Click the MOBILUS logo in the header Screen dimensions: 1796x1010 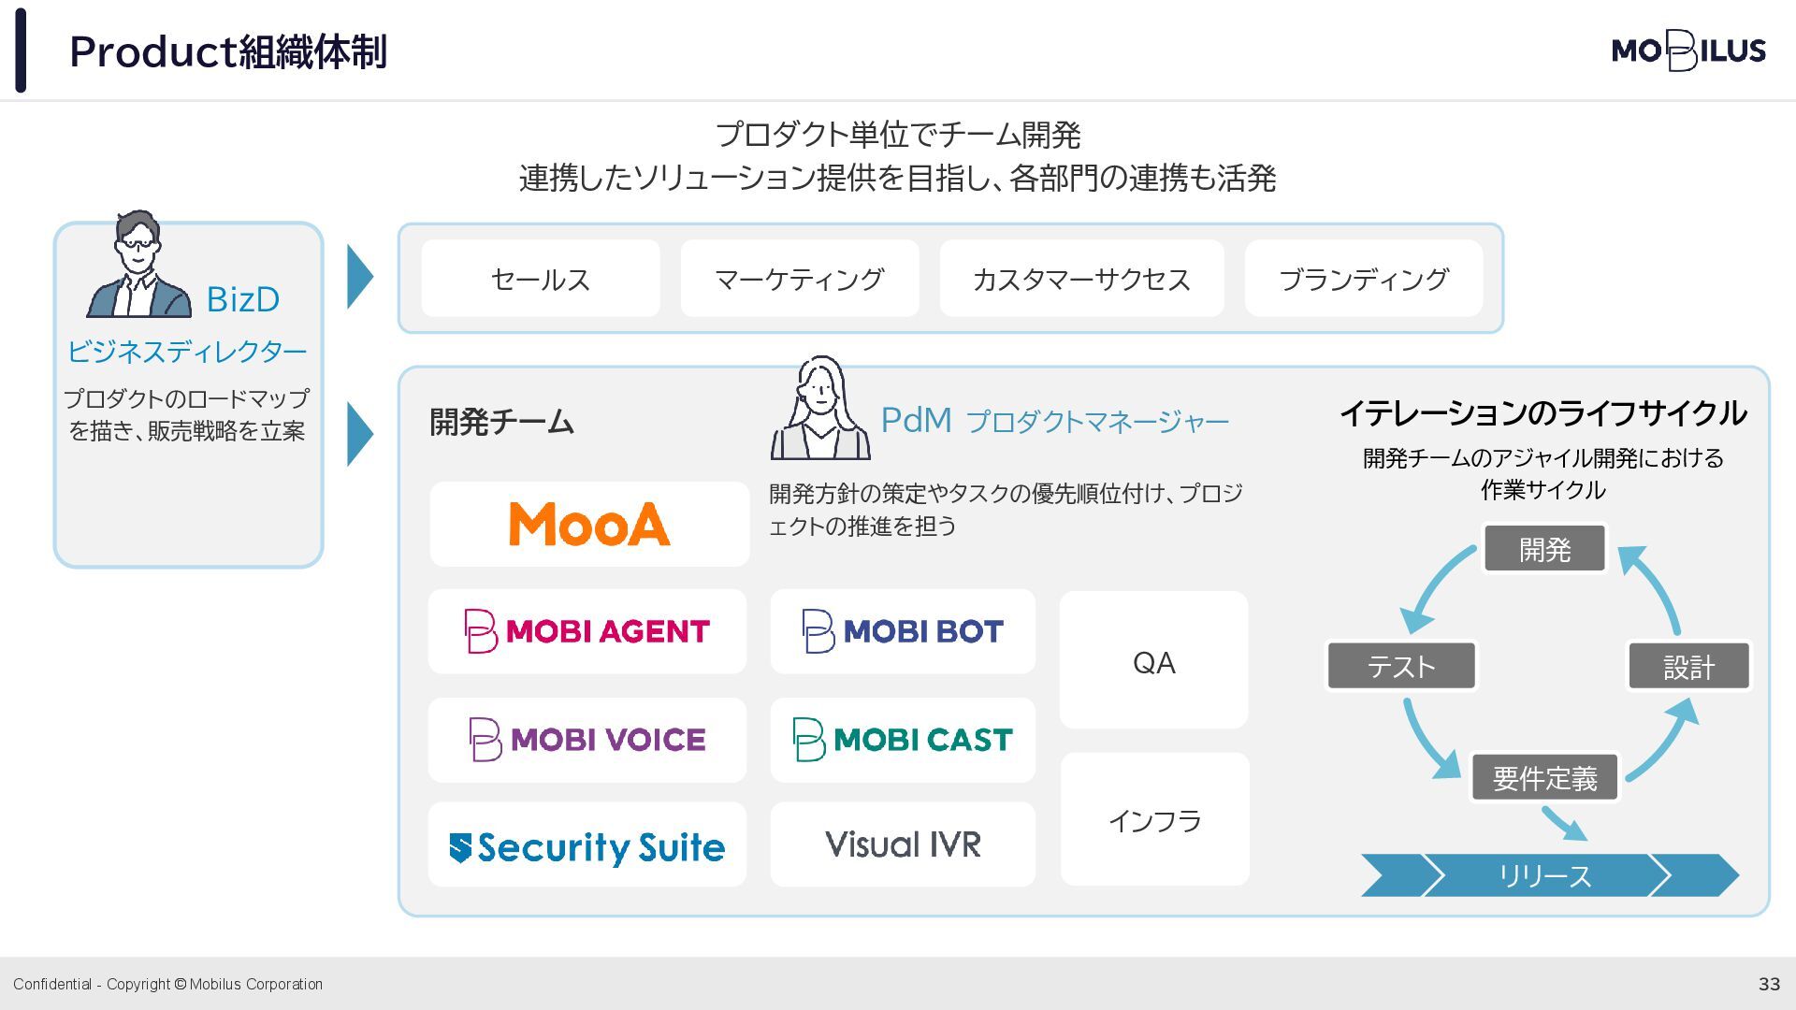tap(1688, 50)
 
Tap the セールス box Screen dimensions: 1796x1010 tap(541, 279)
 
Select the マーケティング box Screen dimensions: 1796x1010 tap(799, 279)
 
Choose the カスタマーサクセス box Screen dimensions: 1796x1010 tap(1081, 279)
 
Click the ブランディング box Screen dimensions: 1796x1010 tap(1363, 279)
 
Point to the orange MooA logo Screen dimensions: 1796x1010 tap(589, 524)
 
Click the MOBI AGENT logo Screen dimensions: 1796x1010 tap(587, 631)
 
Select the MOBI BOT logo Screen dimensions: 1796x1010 tap(903, 631)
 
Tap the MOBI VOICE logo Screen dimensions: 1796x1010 tap(587, 740)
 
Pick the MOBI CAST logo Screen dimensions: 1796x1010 tap(903, 740)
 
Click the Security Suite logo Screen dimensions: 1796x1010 tap(587, 845)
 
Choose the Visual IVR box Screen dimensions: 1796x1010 tap(903, 844)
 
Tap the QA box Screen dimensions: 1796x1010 tap(1153, 661)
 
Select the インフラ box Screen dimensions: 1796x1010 tap(1154, 820)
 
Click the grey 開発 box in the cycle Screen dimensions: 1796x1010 tap(1544, 549)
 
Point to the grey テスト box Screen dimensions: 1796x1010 tap(1400, 666)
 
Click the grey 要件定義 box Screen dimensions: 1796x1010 tap(1544, 778)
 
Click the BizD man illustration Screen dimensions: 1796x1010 tap(138, 266)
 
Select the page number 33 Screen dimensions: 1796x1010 tap(1769, 984)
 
